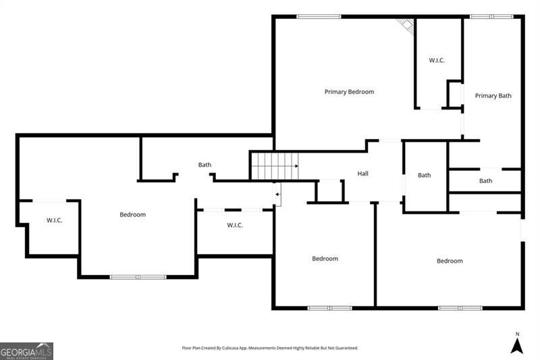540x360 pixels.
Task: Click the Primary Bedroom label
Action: [349, 92]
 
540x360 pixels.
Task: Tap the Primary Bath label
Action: [493, 96]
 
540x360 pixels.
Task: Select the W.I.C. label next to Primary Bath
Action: [437, 61]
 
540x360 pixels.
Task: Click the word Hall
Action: [362, 174]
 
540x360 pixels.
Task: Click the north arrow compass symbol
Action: [517, 344]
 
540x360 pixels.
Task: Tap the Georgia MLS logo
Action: [26, 351]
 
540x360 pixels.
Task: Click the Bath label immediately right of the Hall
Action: [424, 176]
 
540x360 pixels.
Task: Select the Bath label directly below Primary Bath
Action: [485, 181]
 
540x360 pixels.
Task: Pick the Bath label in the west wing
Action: [205, 165]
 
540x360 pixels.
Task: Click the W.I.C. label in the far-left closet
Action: [55, 220]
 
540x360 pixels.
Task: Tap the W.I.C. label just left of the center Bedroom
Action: [235, 225]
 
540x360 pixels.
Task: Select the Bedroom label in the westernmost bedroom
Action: [132, 215]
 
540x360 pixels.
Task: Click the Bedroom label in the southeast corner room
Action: [450, 261]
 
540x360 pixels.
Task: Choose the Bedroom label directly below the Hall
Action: [325, 259]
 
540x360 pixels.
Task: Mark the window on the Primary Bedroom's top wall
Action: [319, 16]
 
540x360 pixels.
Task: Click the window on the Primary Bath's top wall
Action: [491, 16]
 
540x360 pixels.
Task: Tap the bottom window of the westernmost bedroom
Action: [138, 276]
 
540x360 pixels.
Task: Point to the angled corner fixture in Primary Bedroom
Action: [405, 25]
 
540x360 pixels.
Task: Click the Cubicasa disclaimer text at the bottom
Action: [270, 349]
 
